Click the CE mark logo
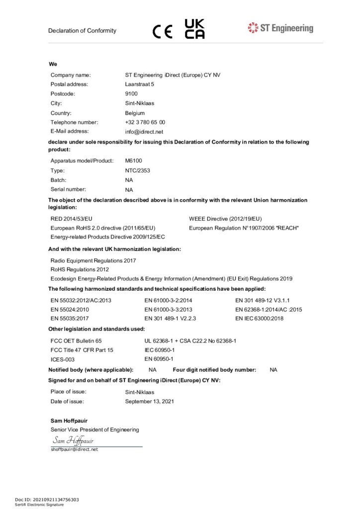[163, 31]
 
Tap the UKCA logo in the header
[194, 29]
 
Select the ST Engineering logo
[280, 28]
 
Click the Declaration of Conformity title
[82, 31]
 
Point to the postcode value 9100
[131, 93]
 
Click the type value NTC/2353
[138, 170]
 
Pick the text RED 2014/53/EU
[72, 219]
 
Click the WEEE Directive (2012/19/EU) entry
[225, 219]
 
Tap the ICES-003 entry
[63, 359]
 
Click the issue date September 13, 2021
[150, 401]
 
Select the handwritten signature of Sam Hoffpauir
[73, 440]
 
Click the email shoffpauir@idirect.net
[74, 449]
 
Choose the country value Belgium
[135, 113]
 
